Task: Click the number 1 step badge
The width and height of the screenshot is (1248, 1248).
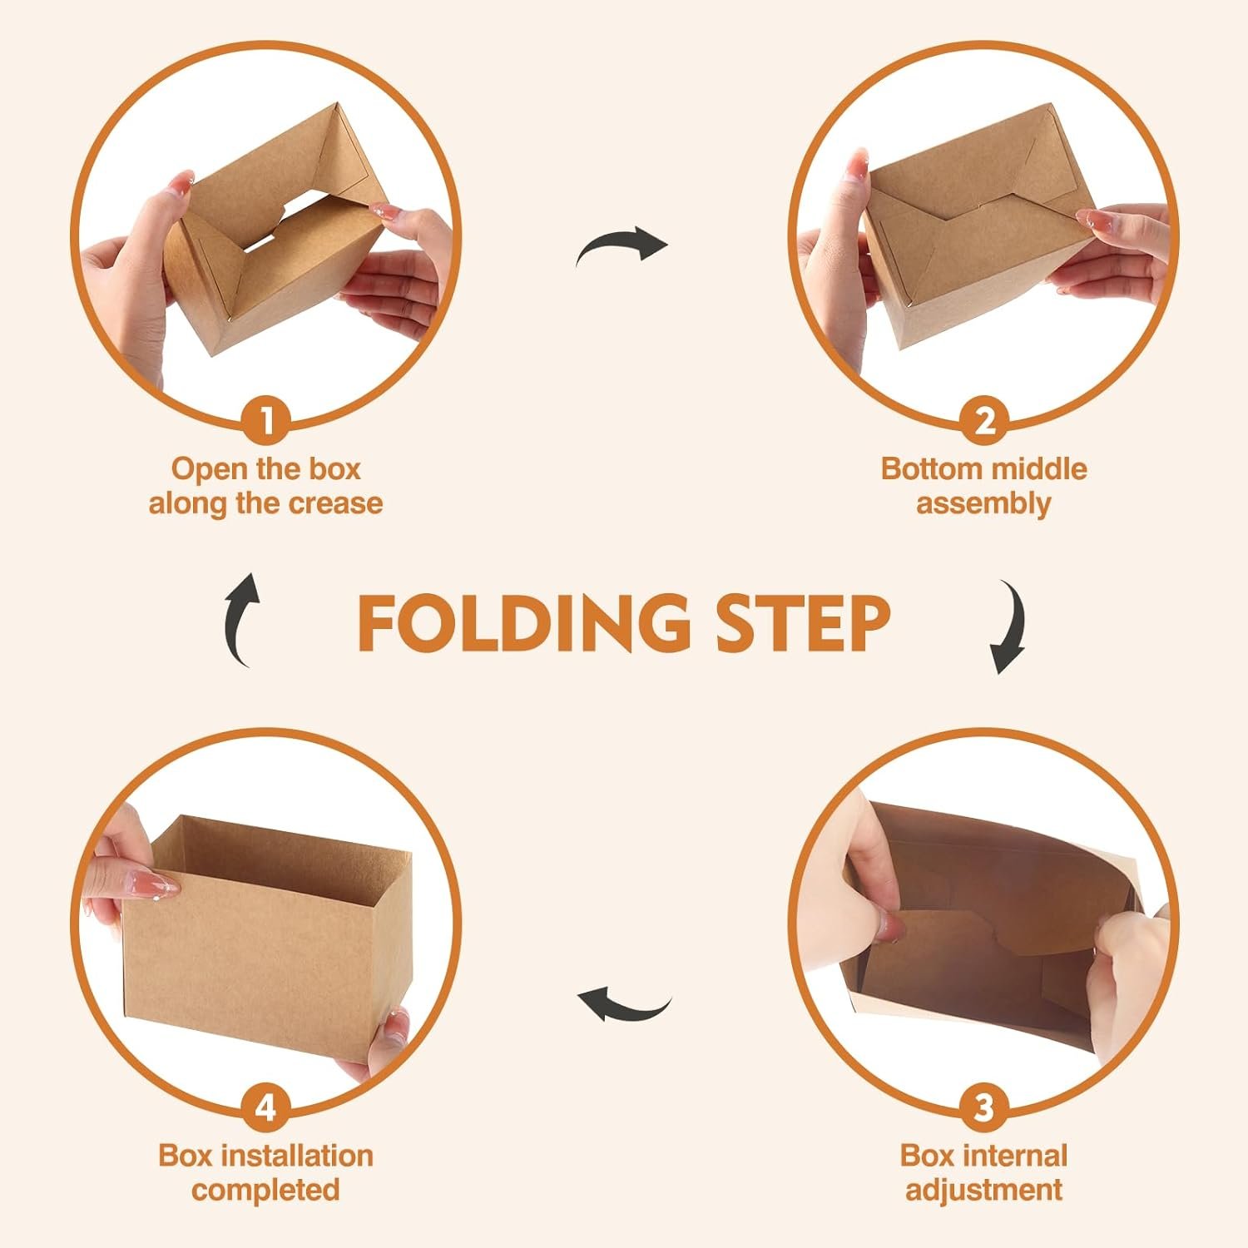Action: tap(266, 420)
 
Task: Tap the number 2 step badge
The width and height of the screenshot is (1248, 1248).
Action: tap(983, 420)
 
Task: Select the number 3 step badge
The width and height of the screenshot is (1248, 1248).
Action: tap(983, 1107)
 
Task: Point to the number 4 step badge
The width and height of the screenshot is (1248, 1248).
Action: tap(266, 1107)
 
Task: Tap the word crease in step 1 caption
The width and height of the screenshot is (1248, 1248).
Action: tap(335, 503)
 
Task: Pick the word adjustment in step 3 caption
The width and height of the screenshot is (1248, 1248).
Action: tap(983, 1190)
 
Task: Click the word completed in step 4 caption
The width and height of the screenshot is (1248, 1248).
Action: tap(266, 1190)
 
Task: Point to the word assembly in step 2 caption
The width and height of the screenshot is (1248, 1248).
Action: tap(983, 503)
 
